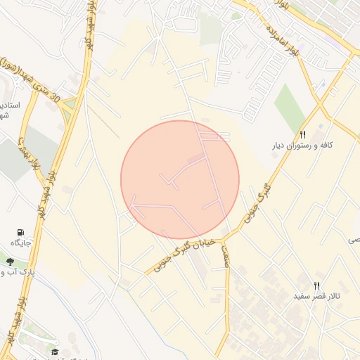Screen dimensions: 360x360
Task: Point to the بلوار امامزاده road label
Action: coord(279,41)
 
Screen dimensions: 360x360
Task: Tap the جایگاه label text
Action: coord(19,243)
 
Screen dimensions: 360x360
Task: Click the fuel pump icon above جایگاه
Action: coord(19,231)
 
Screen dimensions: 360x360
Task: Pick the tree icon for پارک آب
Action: coord(10,262)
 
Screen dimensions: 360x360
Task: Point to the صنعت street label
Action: coord(226,254)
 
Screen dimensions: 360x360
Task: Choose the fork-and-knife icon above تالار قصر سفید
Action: coord(317,285)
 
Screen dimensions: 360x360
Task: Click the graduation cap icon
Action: coord(54,351)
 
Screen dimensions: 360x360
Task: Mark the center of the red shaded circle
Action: coord(180,180)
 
